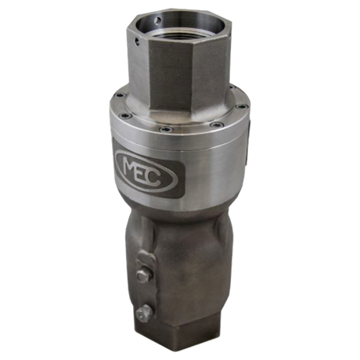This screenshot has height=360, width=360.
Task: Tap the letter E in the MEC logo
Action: point(142,175)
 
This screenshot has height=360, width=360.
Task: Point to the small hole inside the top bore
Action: point(158,20)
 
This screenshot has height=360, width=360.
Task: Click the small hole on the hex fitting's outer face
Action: point(136,41)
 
